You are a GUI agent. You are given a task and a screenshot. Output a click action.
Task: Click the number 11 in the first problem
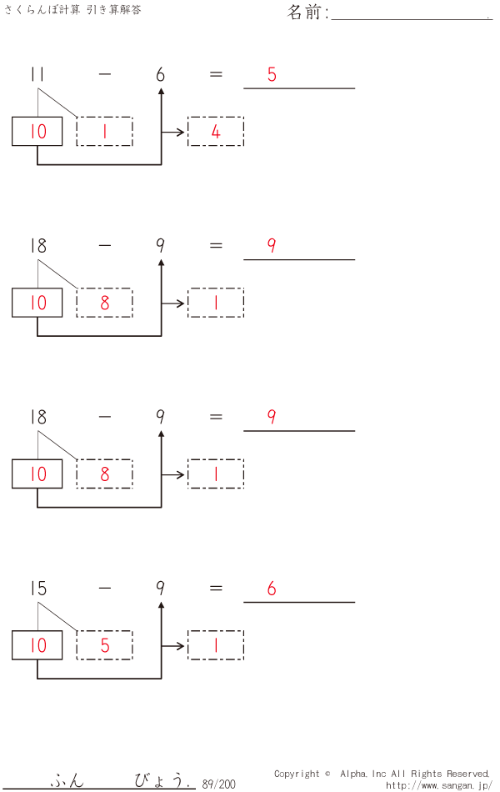click(37, 74)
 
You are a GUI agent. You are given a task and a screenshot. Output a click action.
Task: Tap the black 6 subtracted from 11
click(160, 74)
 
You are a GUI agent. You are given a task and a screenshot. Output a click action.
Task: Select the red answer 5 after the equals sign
click(272, 74)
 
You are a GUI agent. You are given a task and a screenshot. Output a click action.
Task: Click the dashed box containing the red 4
click(216, 132)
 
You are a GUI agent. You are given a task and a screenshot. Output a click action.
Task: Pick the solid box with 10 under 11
click(37, 132)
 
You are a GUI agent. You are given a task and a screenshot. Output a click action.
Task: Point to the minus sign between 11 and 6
click(104, 74)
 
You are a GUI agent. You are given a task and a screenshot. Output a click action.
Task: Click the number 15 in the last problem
click(37, 589)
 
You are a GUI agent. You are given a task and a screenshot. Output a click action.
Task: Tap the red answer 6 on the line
click(272, 589)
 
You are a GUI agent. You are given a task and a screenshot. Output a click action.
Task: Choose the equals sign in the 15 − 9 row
click(216, 589)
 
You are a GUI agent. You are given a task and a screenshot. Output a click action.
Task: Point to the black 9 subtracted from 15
click(160, 589)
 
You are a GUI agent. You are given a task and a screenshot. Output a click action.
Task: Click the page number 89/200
click(218, 784)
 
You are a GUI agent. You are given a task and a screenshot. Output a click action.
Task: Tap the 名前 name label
click(307, 13)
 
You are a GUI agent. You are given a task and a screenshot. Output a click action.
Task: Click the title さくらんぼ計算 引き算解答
click(73, 10)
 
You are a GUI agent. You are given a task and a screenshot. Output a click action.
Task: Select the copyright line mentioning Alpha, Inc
click(382, 774)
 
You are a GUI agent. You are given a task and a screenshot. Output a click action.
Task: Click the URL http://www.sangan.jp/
click(439, 785)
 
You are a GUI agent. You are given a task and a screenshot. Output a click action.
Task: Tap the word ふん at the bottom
click(67, 781)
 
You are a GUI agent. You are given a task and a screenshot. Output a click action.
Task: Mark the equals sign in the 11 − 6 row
click(216, 74)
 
